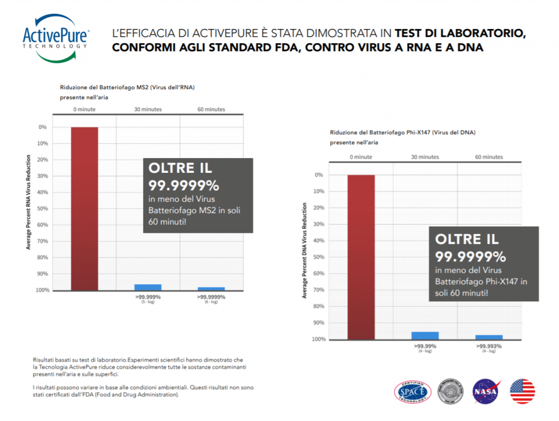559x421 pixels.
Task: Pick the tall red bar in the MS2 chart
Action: click(85, 208)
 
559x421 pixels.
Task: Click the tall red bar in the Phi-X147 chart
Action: click(361, 257)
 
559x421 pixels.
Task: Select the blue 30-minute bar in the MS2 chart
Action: click(148, 287)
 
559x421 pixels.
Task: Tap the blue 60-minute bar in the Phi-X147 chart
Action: click(489, 337)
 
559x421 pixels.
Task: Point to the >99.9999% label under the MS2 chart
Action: click(211, 297)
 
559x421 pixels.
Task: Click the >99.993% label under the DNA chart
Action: click(489, 346)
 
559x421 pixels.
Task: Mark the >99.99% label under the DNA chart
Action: click(425, 346)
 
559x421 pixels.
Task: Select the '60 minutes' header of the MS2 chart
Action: click(211, 109)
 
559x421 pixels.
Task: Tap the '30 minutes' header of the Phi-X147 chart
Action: click(425, 157)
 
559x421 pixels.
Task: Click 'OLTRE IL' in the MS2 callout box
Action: click(181, 169)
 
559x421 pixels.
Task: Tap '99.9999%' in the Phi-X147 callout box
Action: click(471, 256)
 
